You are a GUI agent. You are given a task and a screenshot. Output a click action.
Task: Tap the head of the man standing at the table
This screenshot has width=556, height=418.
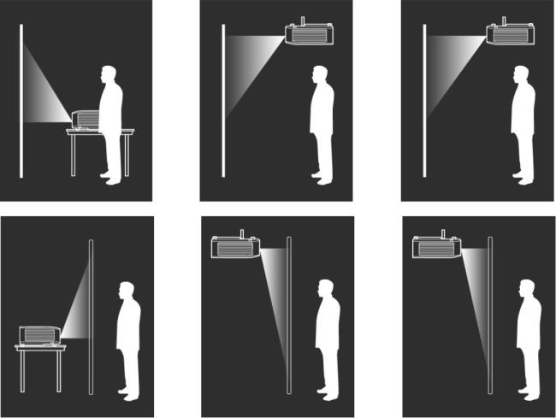[109, 74]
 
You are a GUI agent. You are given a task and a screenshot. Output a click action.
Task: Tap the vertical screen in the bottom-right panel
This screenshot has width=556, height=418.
[490, 316]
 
